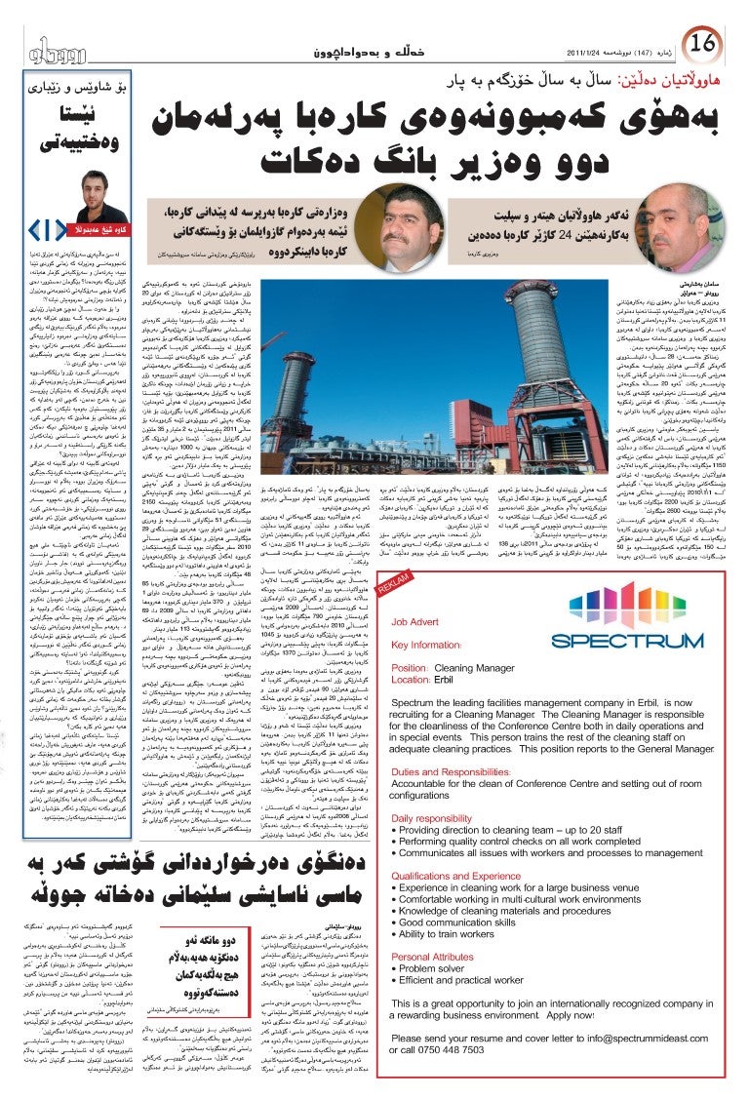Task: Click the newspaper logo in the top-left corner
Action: pyautogui.click(x=49, y=49)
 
